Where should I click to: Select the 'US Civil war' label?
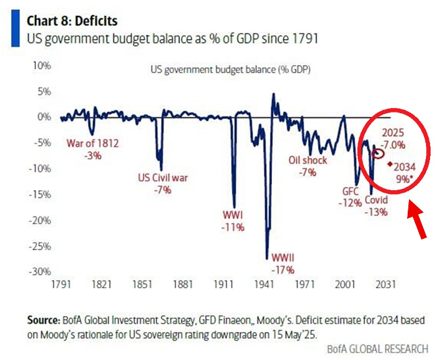click(162, 177)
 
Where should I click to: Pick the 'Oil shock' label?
click(308, 160)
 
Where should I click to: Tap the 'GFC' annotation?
click(349, 192)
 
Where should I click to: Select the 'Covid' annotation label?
click(377, 199)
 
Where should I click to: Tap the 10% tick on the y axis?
click(41, 66)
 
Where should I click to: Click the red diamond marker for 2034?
click(390, 164)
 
